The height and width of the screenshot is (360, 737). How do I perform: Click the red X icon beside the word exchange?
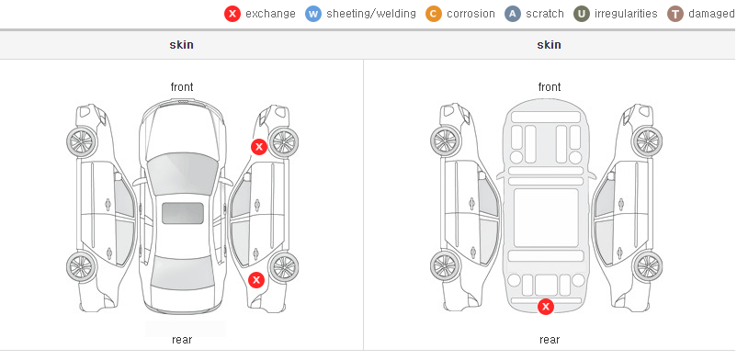(x=232, y=14)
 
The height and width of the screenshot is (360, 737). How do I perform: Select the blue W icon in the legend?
(x=313, y=14)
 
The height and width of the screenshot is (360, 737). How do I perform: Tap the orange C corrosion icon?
(x=434, y=14)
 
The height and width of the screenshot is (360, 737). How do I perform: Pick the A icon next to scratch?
(x=513, y=14)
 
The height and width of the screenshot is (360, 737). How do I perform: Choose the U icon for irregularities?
(x=582, y=14)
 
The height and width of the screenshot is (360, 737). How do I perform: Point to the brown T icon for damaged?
(x=675, y=14)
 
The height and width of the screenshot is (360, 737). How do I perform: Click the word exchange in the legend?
(x=270, y=14)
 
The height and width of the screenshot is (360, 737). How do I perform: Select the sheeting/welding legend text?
(x=371, y=14)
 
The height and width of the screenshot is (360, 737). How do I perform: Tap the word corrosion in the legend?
(x=471, y=14)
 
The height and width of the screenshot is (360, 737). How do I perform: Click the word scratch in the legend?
(x=545, y=14)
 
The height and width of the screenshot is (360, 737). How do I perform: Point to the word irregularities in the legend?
(x=626, y=14)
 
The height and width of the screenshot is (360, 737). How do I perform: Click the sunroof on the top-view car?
(x=183, y=213)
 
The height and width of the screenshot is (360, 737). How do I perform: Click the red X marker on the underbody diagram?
(x=546, y=307)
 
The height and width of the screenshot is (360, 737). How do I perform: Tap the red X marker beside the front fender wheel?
(x=258, y=147)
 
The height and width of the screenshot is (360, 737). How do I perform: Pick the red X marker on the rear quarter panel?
(x=256, y=281)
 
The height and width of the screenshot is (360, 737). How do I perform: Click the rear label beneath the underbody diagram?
(x=550, y=340)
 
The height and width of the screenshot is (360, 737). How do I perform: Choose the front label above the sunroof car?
(x=182, y=87)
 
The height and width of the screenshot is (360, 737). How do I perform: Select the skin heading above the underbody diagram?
(x=549, y=45)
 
